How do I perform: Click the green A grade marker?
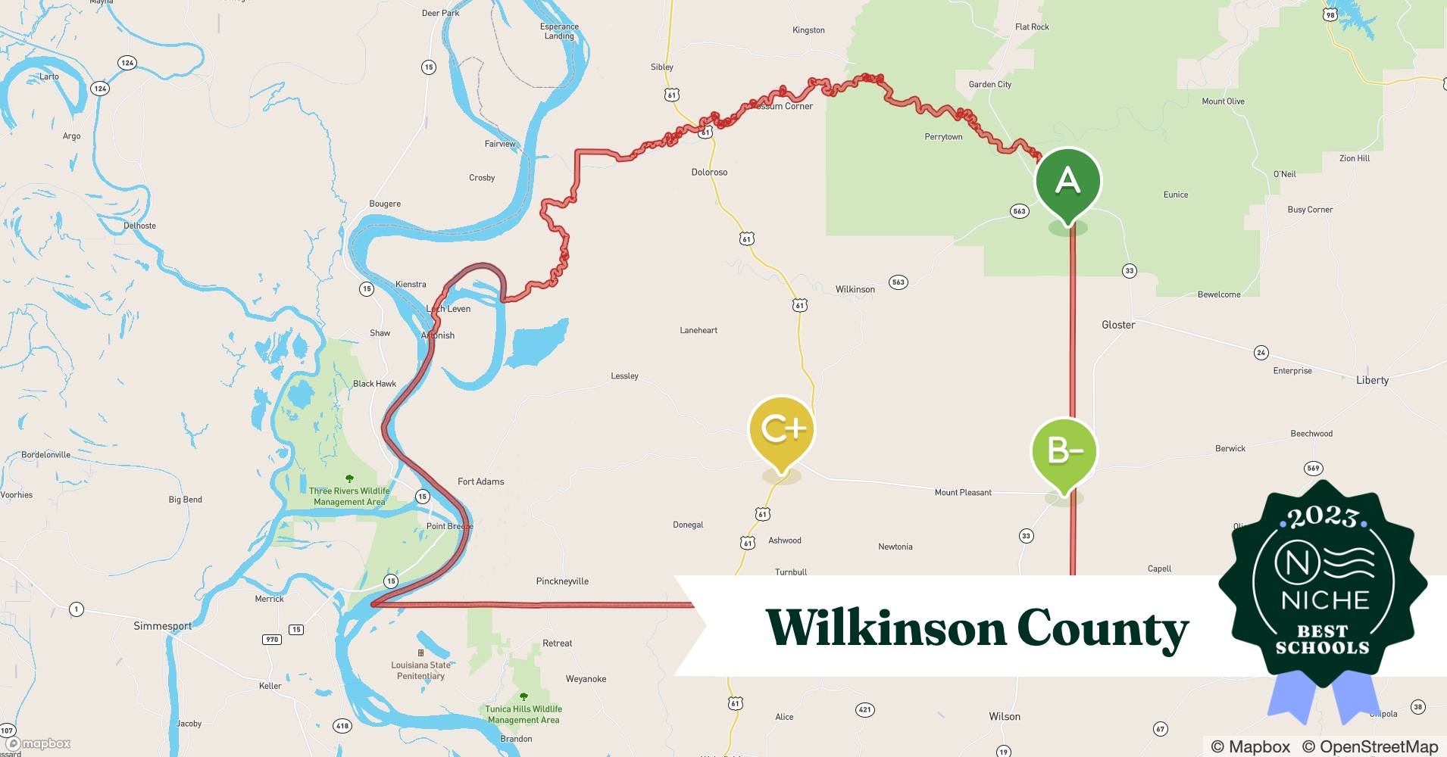pyautogui.click(x=1067, y=182)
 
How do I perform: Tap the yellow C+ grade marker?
pyautogui.click(x=781, y=429)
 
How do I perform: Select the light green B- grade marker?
pyautogui.click(x=1064, y=451)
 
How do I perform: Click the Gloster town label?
pyautogui.click(x=1117, y=325)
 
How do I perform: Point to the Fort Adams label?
pyautogui.click(x=480, y=481)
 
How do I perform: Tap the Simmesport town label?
pyautogui.click(x=163, y=626)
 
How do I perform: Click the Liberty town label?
pyautogui.click(x=1372, y=380)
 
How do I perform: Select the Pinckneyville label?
pyautogui.click(x=562, y=581)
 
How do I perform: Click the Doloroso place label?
pyautogui.click(x=709, y=173)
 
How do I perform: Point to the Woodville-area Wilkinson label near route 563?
pyautogui.click(x=855, y=289)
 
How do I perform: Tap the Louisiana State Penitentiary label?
pyautogui.click(x=420, y=670)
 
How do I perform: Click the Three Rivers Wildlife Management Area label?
pyautogui.click(x=349, y=496)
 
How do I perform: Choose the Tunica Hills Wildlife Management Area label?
pyautogui.click(x=523, y=714)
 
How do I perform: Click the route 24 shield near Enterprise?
pyautogui.click(x=1261, y=353)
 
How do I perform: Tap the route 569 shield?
pyautogui.click(x=1313, y=469)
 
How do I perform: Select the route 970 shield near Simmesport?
pyautogui.click(x=271, y=640)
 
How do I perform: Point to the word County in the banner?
pyautogui.click(x=1102, y=629)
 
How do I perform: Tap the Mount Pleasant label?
pyautogui.click(x=963, y=493)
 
